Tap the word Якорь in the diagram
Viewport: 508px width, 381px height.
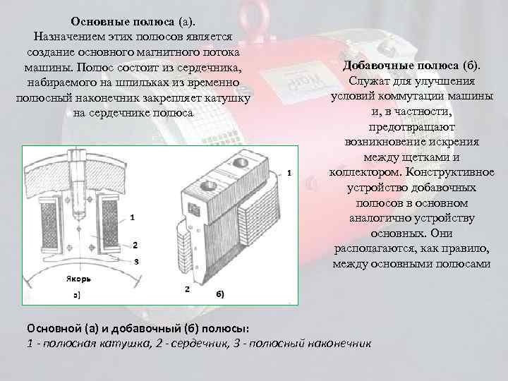(78, 279)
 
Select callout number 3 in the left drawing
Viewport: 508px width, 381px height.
(136, 262)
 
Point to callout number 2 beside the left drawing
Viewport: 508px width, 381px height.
(135, 246)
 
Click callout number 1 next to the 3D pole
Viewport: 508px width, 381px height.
(289, 174)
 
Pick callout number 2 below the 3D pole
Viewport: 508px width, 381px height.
(187, 289)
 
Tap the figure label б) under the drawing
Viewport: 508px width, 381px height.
(220, 294)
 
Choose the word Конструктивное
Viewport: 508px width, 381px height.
(450, 171)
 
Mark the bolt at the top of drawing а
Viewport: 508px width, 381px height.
(78, 184)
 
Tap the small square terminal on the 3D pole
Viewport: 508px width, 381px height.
(195, 209)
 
